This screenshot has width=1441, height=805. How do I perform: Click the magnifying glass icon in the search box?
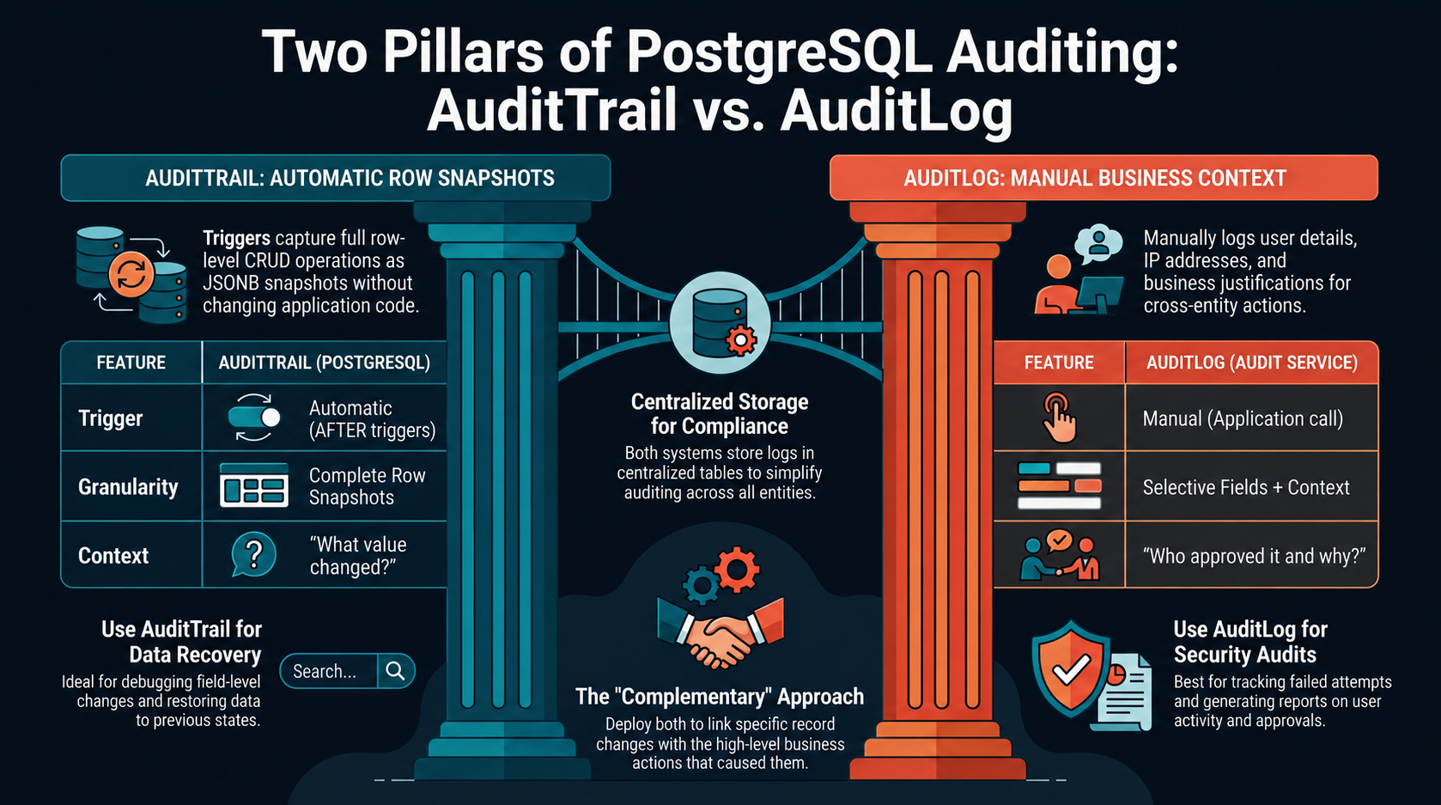pos(395,671)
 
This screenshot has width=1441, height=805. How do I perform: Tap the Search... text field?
pos(329,671)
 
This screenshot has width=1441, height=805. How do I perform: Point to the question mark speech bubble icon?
pos(253,554)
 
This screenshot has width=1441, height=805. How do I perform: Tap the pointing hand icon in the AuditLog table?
pos(1059,418)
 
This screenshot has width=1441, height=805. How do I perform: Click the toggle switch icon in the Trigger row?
pos(254,418)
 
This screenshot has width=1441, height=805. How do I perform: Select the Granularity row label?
pos(128,486)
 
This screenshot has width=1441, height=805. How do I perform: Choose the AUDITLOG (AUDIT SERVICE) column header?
pos(1252,363)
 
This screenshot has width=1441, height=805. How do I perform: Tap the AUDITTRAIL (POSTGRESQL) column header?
pos(325,363)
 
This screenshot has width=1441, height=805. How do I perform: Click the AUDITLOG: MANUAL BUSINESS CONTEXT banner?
pos(1104,178)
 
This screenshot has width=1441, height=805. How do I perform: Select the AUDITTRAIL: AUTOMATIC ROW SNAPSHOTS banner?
pos(335,178)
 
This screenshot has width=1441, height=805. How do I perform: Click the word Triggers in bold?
pos(237,239)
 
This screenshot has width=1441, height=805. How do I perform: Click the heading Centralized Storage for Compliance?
pos(720,414)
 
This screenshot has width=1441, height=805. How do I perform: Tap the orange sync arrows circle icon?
pos(131,274)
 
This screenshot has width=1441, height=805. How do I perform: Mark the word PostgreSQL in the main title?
pos(780,52)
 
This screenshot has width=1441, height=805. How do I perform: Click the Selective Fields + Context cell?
pos(1246,487)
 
